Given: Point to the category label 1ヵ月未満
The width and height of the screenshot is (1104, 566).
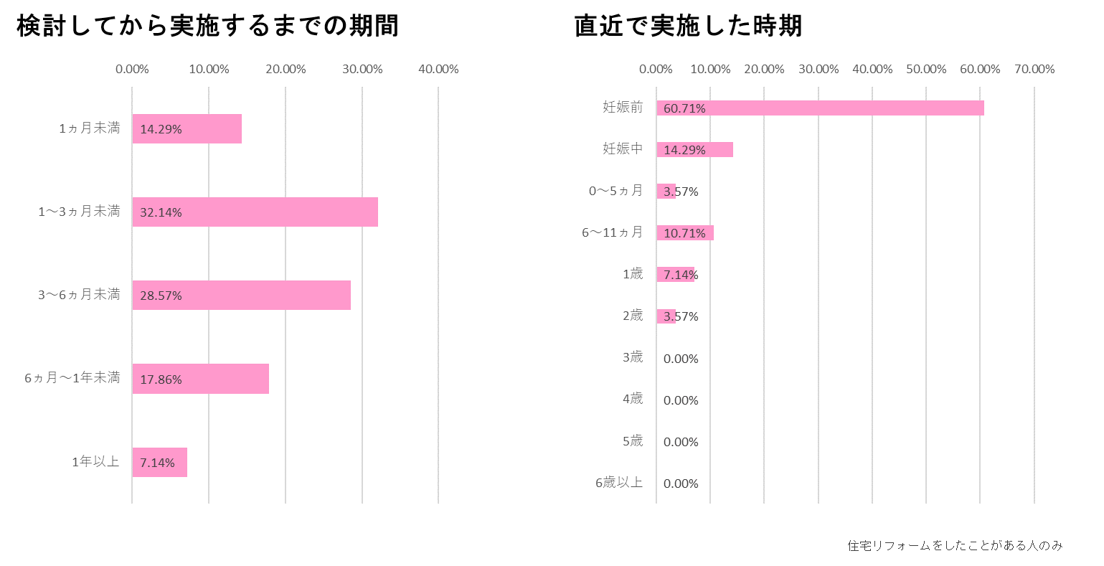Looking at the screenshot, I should [x=90, y=129].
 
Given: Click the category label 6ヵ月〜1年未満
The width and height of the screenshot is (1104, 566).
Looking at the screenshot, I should [x=72, y=378].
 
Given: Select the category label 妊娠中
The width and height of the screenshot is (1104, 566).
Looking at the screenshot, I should [x=623, y=149].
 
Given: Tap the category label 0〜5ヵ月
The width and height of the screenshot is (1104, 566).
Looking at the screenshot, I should [x=615, y=191].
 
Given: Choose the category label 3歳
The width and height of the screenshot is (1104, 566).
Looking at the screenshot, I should [x=632, y=357].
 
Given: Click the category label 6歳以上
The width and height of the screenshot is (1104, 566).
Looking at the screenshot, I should [x=619, y=483].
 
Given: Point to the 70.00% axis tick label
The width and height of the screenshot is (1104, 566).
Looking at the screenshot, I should [x=1034, y=70].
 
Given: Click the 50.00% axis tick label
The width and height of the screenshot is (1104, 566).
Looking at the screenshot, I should [x=926, y=70].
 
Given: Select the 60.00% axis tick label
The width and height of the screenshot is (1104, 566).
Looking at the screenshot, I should [x=980, y=70].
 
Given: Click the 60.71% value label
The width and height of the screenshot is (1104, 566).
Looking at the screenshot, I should [x=684, y=108].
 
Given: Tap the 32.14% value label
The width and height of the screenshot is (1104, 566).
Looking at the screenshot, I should [x=161, y=212].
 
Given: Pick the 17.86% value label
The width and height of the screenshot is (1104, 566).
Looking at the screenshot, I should [x=161, y=379].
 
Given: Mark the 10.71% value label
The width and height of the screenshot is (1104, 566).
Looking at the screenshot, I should [x=684, y=233].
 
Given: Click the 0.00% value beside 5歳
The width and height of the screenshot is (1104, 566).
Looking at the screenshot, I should [x=681, y=442].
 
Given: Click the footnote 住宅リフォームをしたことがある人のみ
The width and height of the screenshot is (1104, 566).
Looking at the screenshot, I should [x=955, y=546].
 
